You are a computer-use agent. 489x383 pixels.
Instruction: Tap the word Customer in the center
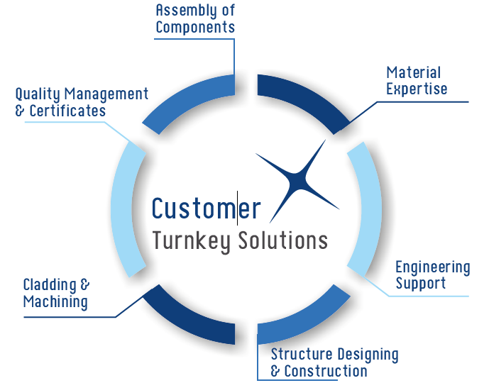click(x=206, y=209)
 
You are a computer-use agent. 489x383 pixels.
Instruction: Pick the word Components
click(x=195, y=28)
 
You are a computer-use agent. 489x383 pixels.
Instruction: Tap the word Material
click(x=414, y=72)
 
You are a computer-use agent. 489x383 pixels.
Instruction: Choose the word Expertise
click(x=417, y=89)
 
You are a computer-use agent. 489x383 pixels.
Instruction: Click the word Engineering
click(x=433, y=267)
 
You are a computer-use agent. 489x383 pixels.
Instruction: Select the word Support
click(x=421, y=284)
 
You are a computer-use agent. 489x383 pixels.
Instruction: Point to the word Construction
click(x=326, y=371)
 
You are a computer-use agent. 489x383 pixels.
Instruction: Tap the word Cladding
click(x=50, y=285)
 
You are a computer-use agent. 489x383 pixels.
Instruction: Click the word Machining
click(x=55, y=302)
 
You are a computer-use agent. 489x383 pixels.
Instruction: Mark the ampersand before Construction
click(x=276, y=372)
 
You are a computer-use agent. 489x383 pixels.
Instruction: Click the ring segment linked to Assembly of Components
click(x=188, y=100)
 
